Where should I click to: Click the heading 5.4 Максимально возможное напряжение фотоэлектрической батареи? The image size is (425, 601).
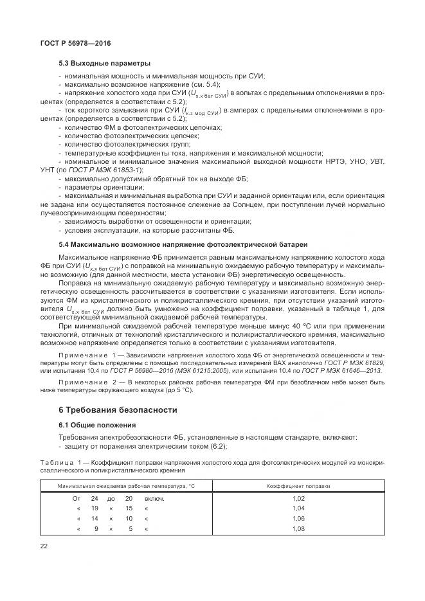(x=183, y=246)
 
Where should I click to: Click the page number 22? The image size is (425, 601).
(x=44, y=546)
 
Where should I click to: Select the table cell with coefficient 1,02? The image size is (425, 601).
(x=298, y=498)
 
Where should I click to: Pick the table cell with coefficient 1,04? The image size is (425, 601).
(x=298, y=508)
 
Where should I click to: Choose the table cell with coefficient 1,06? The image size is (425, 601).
(x=298, y=518)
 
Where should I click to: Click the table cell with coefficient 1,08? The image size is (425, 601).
(x=298, y=528)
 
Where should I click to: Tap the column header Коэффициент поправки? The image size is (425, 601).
(x=298, y=486)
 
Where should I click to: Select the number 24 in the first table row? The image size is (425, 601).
(x=94, y=498)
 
